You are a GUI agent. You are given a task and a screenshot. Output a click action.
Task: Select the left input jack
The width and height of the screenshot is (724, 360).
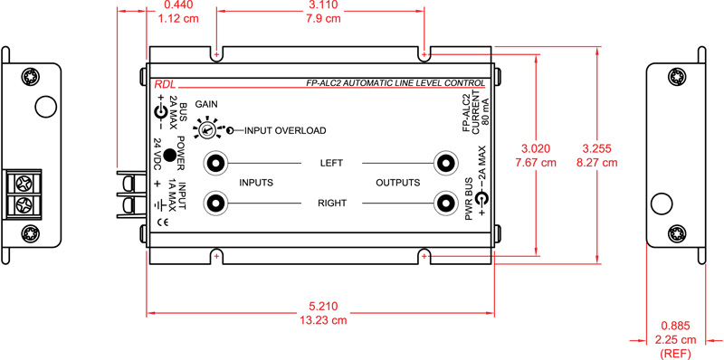point(215,163)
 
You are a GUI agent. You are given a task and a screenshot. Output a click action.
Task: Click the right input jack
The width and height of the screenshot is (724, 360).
point(215,203)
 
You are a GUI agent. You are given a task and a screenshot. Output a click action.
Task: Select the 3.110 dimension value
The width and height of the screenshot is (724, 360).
point(320,5)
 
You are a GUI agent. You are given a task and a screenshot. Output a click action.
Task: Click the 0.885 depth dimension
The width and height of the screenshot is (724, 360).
point(674,326)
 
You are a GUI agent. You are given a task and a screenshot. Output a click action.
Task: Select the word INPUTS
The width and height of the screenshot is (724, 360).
point(257,183)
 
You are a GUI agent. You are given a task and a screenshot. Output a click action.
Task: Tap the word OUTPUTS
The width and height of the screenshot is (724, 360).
point(398,183)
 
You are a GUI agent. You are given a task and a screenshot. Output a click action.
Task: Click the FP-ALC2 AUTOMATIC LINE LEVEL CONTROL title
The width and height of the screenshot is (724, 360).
point(395,83)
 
